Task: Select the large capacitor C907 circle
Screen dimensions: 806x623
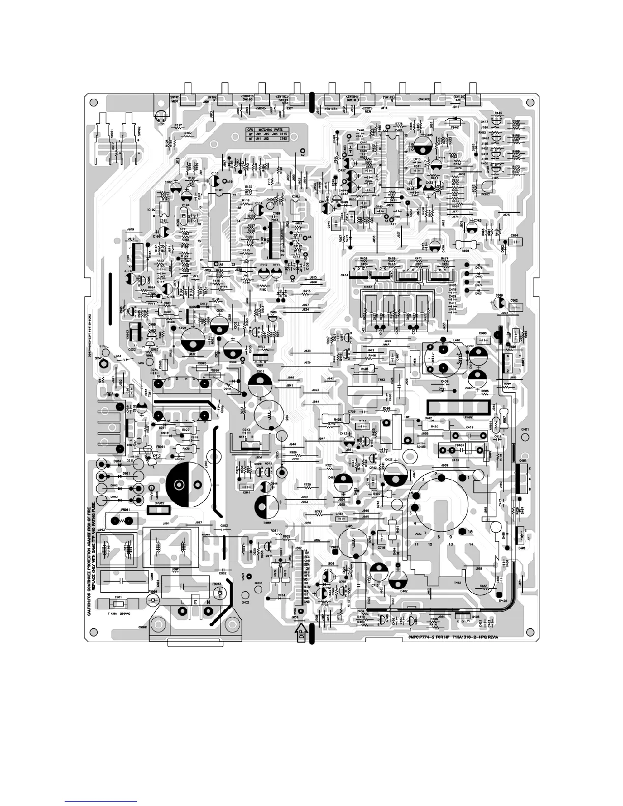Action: [186, 484]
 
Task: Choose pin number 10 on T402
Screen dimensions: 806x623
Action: [462, 532]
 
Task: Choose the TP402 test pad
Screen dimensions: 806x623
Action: [335, 548]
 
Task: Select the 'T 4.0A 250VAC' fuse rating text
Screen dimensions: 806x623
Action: [120, 614]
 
